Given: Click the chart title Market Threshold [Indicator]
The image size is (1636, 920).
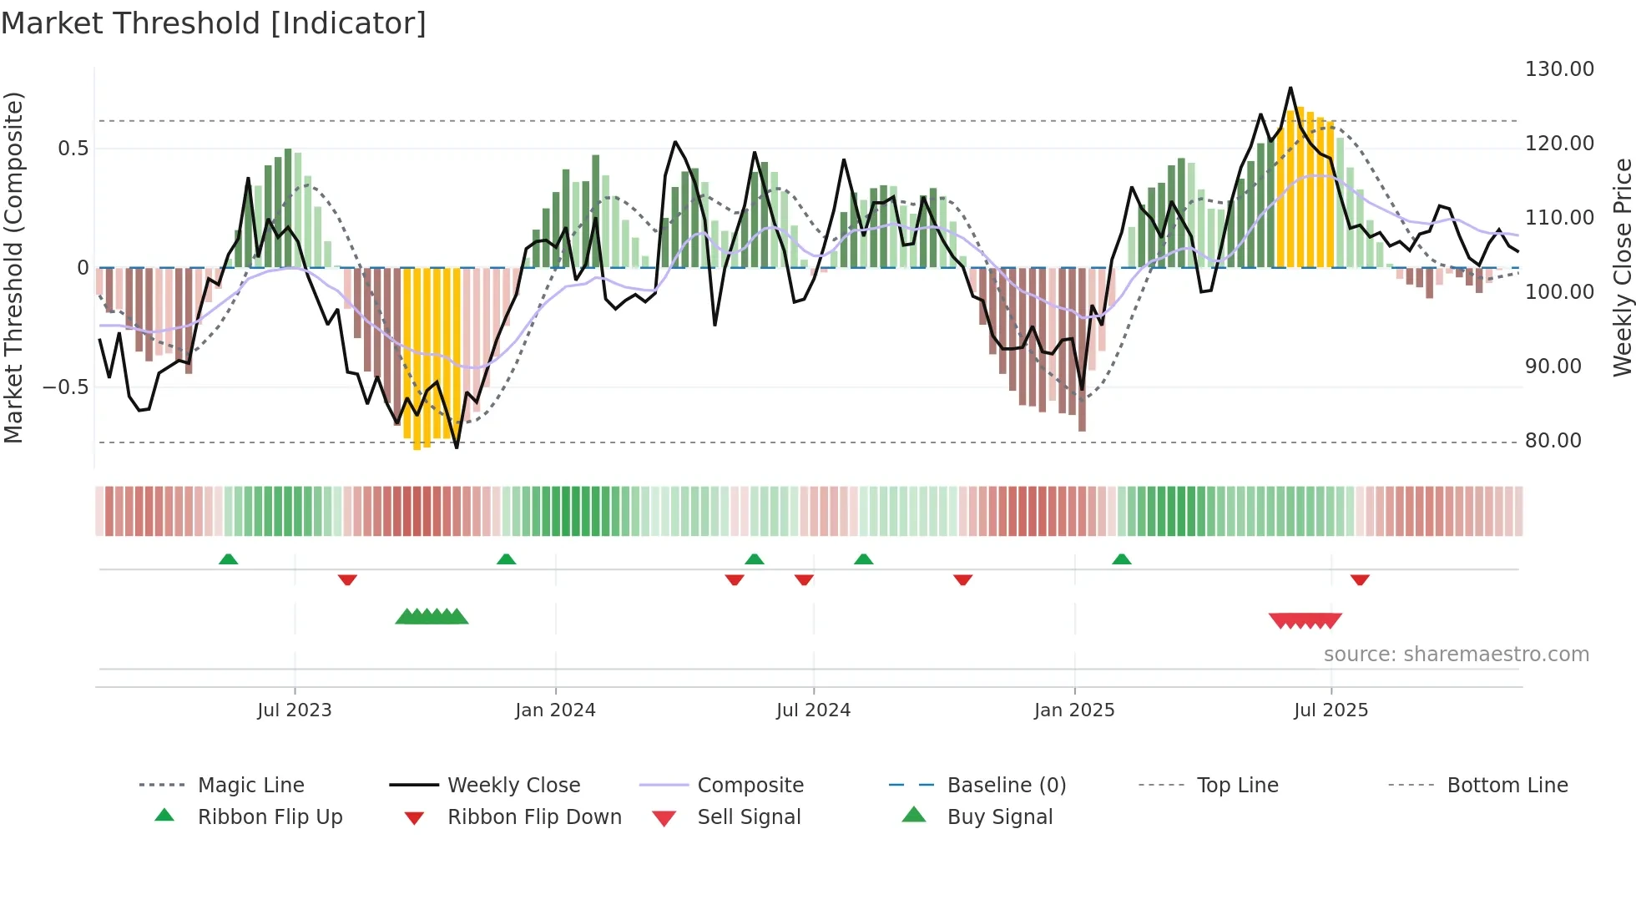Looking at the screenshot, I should (214, 23).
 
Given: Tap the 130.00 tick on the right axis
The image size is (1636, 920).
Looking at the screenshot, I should (1558, 69).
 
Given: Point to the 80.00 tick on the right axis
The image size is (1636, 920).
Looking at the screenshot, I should (1553, 441).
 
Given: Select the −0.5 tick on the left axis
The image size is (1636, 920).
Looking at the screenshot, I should (65, 387).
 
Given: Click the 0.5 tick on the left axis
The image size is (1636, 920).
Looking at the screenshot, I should (73, 149).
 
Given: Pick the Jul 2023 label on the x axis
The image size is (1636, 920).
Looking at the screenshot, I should (294, 710).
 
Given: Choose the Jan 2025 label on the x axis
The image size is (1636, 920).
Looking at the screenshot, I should (1073, 710).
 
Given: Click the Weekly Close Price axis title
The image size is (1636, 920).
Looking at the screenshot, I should (1622, 267).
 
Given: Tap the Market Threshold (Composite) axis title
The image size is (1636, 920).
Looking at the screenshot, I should (13, 267).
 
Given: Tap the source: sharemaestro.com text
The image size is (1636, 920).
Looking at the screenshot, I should (1456, 655).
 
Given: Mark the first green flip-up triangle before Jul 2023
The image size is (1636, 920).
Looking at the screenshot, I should (228, 559).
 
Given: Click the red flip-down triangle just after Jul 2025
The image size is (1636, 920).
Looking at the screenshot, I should (1360, 579).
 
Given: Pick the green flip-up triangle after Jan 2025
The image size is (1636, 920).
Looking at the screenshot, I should (1121, 559).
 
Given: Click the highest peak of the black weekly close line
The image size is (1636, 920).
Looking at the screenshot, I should (1290, 88).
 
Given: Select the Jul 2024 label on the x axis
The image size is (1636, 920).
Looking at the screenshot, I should (813, 710).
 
